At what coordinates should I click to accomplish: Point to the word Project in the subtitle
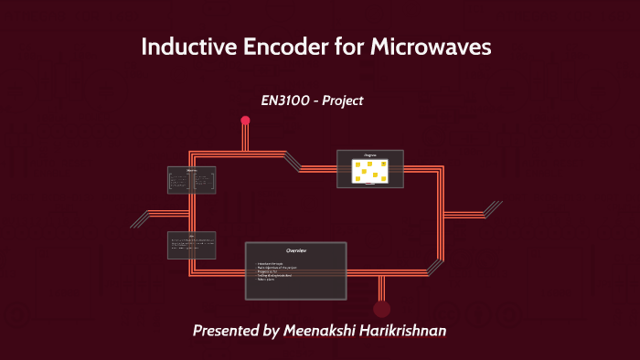coord(342,101)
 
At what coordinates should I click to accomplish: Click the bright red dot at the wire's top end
coord(245,121)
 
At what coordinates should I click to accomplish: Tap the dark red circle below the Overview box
coord(382,309)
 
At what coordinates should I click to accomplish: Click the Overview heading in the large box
coord(296,250)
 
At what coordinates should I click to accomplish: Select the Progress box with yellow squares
coord(370,169)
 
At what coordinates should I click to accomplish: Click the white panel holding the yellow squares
coord(370,171)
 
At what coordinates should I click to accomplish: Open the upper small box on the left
coord(192,179)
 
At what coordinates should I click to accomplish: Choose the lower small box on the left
coord(192,244)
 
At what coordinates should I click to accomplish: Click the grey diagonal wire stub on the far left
coord(141,219)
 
